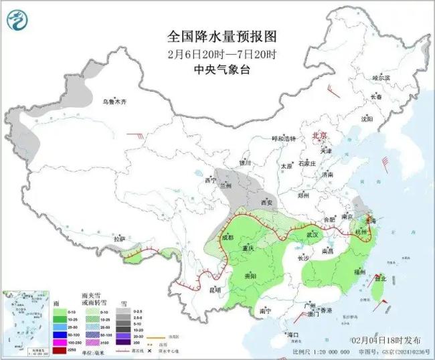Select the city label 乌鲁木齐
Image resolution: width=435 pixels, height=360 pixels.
click(114, 102)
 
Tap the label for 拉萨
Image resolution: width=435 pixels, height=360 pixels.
click(120, 239)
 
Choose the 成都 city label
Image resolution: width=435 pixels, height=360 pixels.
click(226, 238)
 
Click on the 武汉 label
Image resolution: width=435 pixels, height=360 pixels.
click(313, 235)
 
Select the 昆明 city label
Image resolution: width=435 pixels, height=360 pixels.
click(215, 290)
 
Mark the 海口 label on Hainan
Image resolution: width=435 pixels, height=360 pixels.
click(292, 334)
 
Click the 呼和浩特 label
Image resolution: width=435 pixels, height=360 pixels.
click(283, 139)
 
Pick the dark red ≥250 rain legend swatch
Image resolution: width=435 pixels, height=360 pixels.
click(60, 350)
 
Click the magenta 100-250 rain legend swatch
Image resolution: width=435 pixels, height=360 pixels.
click(60, 342)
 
